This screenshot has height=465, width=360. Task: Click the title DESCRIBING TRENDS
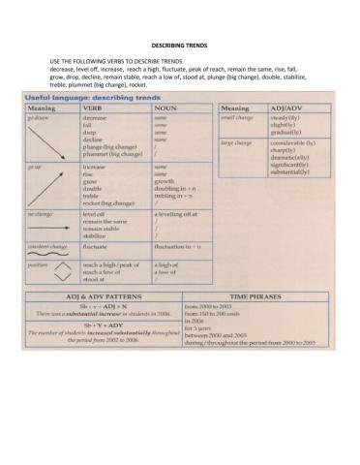pyautogui.click(x=179, y=46)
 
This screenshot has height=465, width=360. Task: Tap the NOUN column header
pyautogui.click(x=167, y=108)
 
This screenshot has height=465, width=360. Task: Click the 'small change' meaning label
pyautogui.click(x=237, y=118)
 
